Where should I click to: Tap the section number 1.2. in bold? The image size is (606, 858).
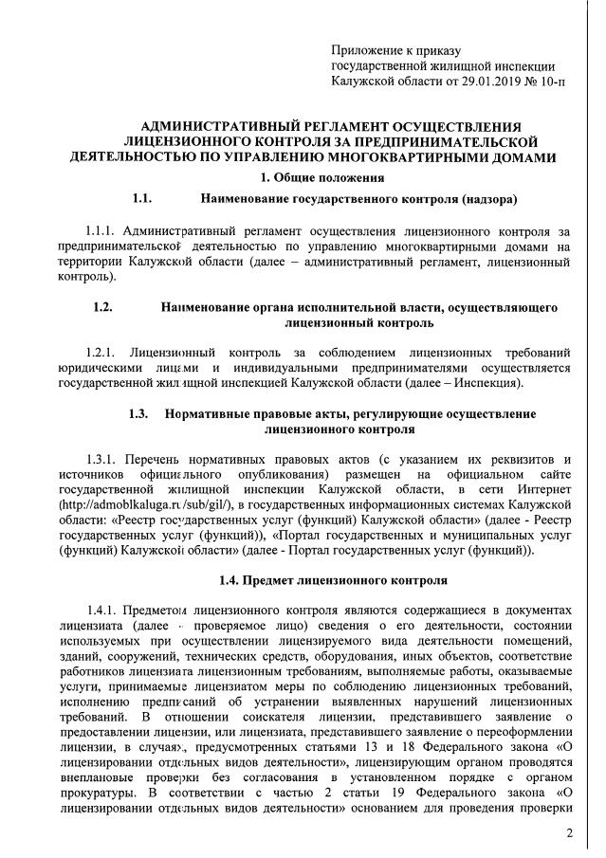tap(103, 307)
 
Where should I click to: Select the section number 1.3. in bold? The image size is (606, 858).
tap(138, 414)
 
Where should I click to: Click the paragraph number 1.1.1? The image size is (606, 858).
tap(101, 231)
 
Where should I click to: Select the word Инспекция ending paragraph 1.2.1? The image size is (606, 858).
tap(489, 382)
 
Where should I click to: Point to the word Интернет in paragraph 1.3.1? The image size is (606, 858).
tap(544, 489)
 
